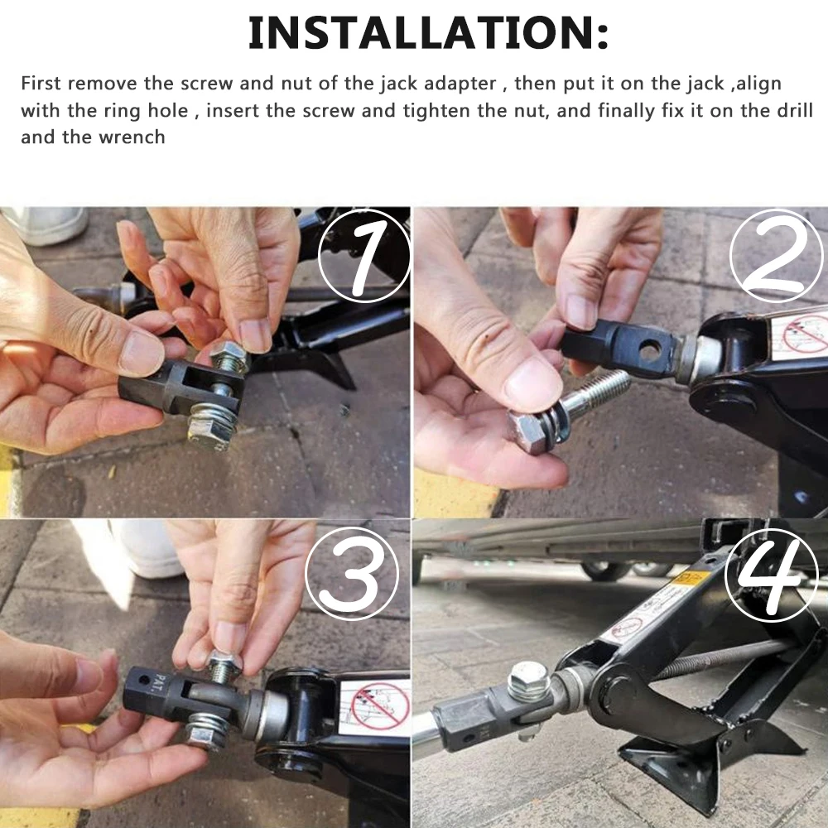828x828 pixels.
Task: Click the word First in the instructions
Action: pos(41,84)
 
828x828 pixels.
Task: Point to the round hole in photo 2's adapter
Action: pos(650,351)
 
